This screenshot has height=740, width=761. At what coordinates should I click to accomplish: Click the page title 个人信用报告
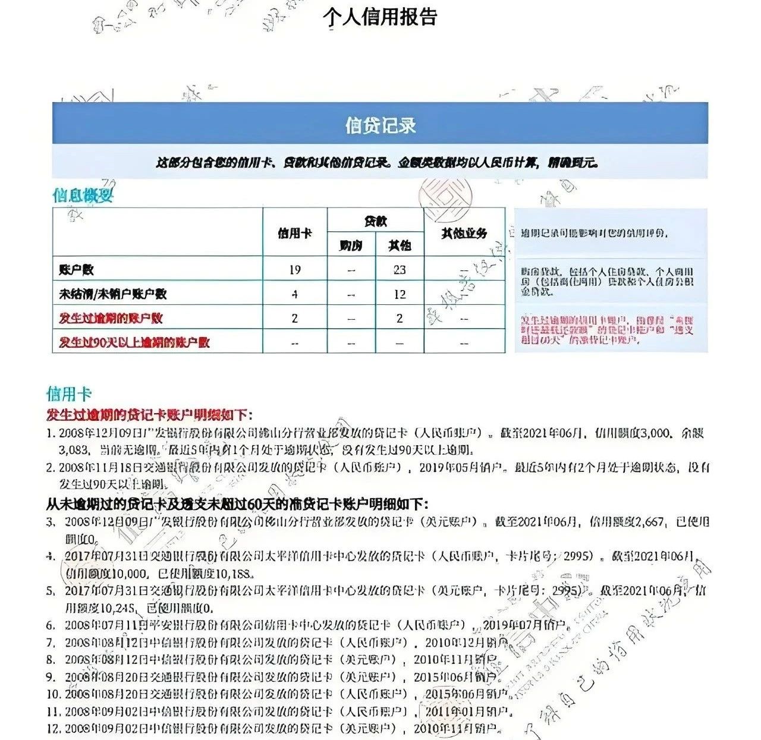coord(380,17)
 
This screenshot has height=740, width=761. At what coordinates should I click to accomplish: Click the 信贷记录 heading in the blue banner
coord(380,125)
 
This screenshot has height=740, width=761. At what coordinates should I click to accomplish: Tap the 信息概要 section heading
coord(83,195)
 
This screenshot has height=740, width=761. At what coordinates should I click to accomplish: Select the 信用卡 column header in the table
coord(295,234)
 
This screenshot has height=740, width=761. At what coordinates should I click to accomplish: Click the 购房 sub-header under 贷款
coord(351,245)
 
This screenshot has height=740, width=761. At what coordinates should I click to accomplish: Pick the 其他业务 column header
coord(464,234)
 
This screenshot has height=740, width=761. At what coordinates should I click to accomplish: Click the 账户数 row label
coord(77,270)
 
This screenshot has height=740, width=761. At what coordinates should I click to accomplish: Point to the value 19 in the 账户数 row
coord(295,270)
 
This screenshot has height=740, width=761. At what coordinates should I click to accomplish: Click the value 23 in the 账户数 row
coord(400,270)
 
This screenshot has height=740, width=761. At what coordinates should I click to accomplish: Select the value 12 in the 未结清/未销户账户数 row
coord(400,294)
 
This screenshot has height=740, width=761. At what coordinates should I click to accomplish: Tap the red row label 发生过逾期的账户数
coord(111,318)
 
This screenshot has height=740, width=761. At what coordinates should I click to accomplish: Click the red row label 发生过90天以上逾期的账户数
coord(134,342)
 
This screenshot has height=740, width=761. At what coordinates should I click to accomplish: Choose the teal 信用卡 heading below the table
coord(69,393)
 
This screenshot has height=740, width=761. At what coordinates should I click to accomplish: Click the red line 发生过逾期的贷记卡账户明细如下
coord(149,415)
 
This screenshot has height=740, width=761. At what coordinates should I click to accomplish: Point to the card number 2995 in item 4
coord(578,556)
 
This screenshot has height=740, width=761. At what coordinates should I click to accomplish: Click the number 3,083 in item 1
coord(74,450)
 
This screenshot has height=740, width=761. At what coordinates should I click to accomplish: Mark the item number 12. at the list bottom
coord(54,728)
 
